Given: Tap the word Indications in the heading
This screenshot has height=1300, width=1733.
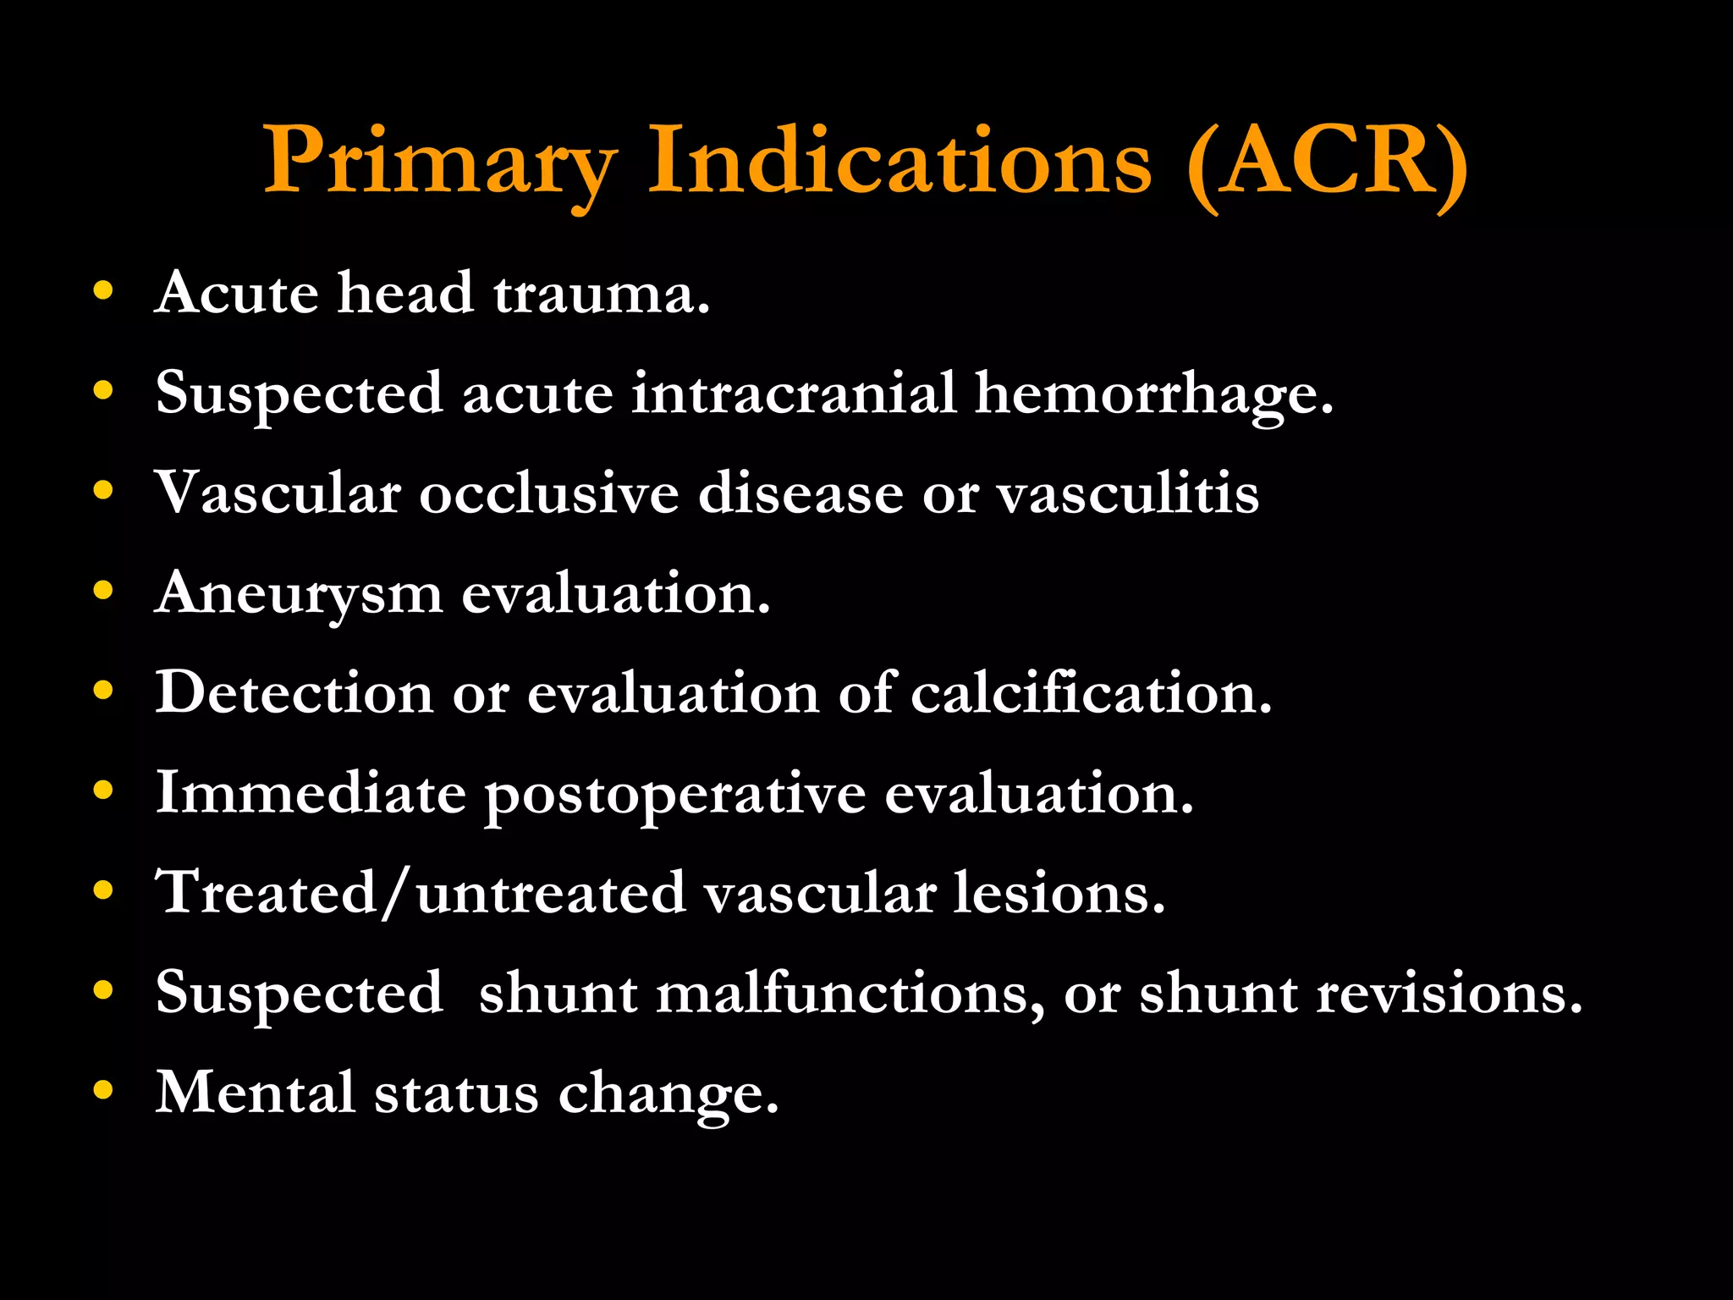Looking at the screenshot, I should (x=900, y=161).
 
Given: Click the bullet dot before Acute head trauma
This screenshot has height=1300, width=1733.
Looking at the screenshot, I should (x=103, y=291).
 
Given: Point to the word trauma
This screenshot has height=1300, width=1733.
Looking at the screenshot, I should (x=601, y=295).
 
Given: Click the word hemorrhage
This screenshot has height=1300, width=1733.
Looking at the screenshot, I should (x=1154, y=394).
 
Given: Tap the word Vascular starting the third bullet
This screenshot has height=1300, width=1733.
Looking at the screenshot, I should (x=278, y=493).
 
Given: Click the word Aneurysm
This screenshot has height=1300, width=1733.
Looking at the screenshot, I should (x=299, y=594).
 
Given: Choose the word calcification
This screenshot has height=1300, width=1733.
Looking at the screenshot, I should (x=1091, y=693).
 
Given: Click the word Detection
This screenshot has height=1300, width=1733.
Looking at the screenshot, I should (x=294, y=693).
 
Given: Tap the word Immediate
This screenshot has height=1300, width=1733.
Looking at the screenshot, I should (x=311, y=793).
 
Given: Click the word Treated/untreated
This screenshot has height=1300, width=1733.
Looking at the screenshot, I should (x=421, y=893).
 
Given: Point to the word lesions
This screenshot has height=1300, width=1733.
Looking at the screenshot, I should (x=1059, y=893).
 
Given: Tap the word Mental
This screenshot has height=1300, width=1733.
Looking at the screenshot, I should (x=255, y=1093).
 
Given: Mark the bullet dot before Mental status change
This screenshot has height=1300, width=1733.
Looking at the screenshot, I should (x=103, y=1090).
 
